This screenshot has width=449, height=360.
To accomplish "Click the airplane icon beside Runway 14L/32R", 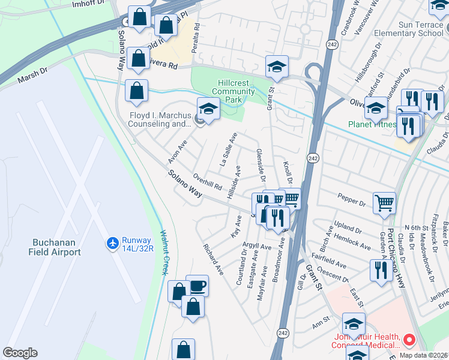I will click(112, 242).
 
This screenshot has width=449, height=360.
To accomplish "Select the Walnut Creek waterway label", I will click(163, 252).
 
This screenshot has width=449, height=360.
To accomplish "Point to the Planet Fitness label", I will click(372, 125).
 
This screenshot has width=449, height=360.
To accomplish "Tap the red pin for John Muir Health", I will click(409, 340).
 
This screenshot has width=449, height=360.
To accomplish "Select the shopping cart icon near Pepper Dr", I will click(384, 202).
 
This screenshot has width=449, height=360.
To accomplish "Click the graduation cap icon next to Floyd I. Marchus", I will click(208, 109).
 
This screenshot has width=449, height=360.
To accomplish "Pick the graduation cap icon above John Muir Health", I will click(354, 324).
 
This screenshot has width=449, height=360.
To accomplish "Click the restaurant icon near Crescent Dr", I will click(379, 270).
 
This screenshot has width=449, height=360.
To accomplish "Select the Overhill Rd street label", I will click(208, 181).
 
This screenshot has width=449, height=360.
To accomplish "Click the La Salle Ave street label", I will click(229, 150).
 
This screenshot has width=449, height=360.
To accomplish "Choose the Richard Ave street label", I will click(213, 259).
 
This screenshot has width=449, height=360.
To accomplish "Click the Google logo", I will click(20, 353).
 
